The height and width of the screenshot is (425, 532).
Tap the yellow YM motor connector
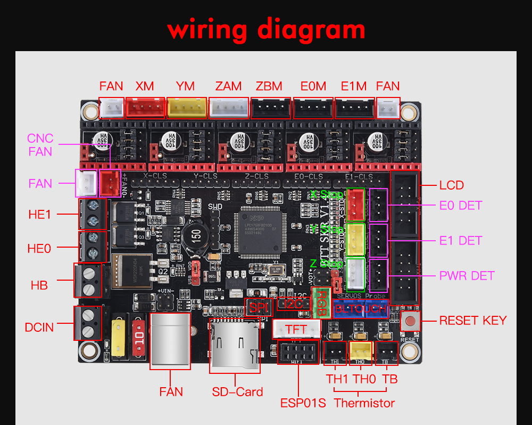[187, 108]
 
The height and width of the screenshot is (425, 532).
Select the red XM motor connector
[145, 108]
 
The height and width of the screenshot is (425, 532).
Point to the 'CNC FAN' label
[40, 145]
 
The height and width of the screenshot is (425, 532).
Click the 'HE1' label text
[40, 214]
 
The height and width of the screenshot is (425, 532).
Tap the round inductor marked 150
[196, 236]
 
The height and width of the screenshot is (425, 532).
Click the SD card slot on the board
[234, 346]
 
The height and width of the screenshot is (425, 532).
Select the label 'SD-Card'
[237, 392]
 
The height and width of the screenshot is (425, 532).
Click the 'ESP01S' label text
[303, 402]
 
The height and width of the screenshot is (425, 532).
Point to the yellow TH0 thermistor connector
[361, 352]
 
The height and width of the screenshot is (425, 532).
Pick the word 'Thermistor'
[364, 403]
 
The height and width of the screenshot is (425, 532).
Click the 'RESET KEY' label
[472, 321]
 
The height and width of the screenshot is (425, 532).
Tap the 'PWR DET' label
[467, 276]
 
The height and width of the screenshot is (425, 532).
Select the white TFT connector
[297, 329]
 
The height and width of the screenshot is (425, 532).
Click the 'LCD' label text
[451, 185]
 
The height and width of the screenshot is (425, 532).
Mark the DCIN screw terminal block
[87, 323]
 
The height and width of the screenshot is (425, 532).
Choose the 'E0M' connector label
[313, 86]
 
